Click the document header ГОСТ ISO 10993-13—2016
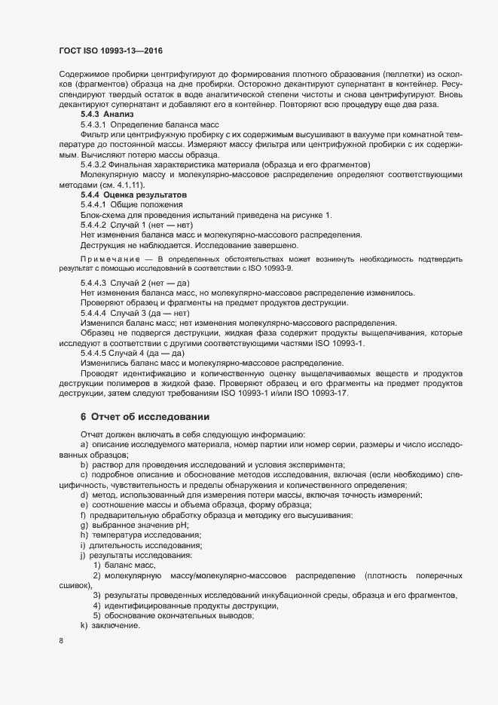click(111, 51)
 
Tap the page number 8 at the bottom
click(61, 641)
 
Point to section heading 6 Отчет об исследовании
click(139, 417)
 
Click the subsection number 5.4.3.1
click(94, 123)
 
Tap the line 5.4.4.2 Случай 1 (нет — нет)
click(136, 225)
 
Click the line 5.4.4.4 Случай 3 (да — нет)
click(135, 312)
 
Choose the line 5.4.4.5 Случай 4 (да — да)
click(133, 353)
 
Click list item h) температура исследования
click(142, 535)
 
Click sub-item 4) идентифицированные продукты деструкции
click(186, 605)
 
